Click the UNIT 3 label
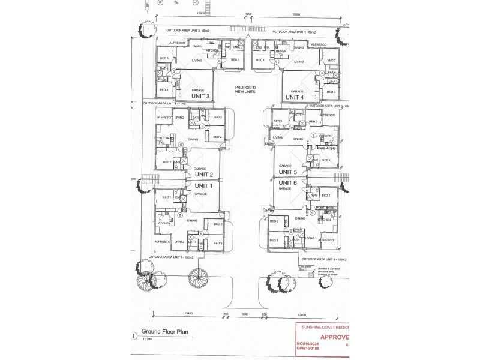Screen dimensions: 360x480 click(200, 96)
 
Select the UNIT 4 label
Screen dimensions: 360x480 click(295, 97)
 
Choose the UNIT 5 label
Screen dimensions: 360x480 click(287, 172)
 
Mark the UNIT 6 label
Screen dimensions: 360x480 click(287, 182)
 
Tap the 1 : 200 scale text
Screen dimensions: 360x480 click(148, 339)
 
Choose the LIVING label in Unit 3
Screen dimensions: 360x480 click(196, 61)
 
